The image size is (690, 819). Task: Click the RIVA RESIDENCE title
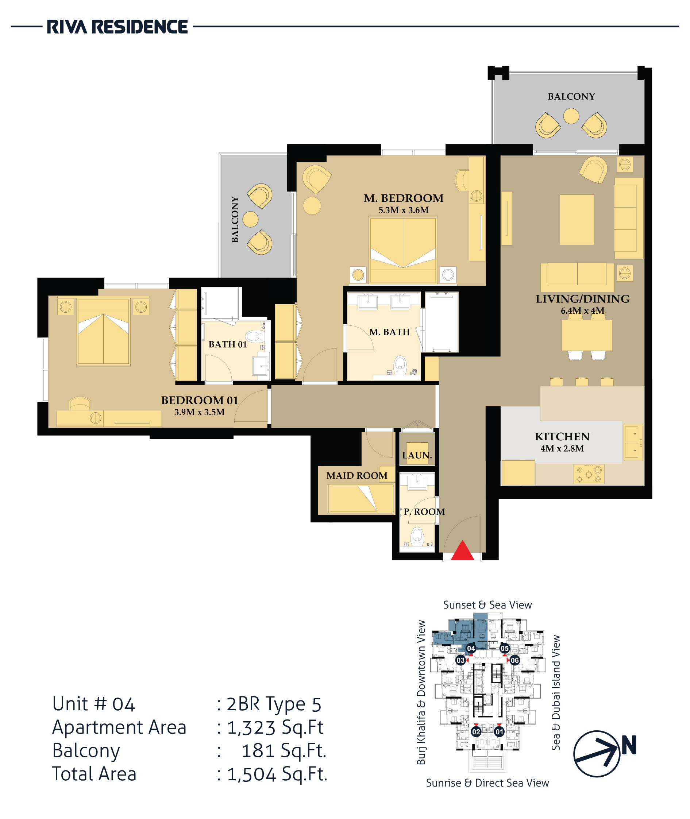click(x=117, y=27)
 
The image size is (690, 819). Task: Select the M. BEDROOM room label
click(x=404, y=198)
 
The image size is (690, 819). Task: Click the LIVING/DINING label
click(x=582, y=299)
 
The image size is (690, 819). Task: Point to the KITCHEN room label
click(x=562, y=436)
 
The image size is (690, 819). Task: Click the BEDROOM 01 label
click(x=200, y=400)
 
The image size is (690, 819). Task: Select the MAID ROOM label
click(x=357, y=476)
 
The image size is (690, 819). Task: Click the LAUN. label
click(x=417, y=455)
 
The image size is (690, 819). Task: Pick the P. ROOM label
click(x=424, y=511)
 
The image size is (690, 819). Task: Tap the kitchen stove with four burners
click(x=589, y=474)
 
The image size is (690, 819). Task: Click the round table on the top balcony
click(x=571, y=116)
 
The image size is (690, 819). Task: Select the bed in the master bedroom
click(x=403, y=250)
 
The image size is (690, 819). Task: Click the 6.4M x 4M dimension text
click(x=582, y=311)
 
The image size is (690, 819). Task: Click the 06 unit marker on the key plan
click(x=515, y=660)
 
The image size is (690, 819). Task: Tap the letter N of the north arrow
click(x=629, y=745)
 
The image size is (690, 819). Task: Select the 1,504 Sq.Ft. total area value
click(x=277, y=774)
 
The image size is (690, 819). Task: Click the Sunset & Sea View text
click(x=487, y=605)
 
